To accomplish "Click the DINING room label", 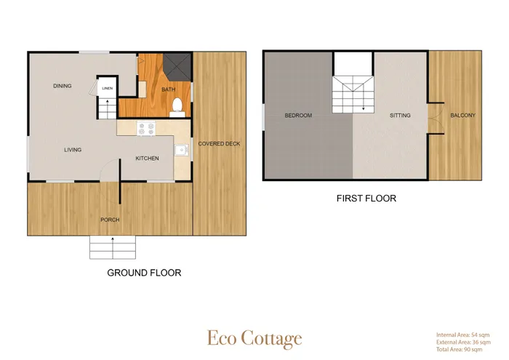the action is [x=63, y=86].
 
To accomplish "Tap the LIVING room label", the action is [x=73, y=150].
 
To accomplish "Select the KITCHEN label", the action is [x=147, y=159].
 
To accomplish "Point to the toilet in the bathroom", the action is [x=177, y=108].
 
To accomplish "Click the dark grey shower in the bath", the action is [x=177, y=66].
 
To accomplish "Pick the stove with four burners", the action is [x=146, y=128].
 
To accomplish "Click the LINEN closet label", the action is [x=108, y=88].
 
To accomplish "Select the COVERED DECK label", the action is [x=219, y=144].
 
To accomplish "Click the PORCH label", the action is [x=110, y=220].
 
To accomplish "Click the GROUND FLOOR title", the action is [x=144, y=273].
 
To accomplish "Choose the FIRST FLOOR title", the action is [x=366, y=199].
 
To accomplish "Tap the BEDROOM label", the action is [x=298, y=116].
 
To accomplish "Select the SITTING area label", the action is [x=400, y=116].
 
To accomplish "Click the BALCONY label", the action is [x=463, y=115].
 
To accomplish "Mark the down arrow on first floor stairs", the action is [x=364, y=100].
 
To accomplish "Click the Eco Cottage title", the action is [x=254, y=339].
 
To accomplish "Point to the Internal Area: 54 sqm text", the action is [x=463, y=335].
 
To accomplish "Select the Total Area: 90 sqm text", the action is [x=460, y=350].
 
